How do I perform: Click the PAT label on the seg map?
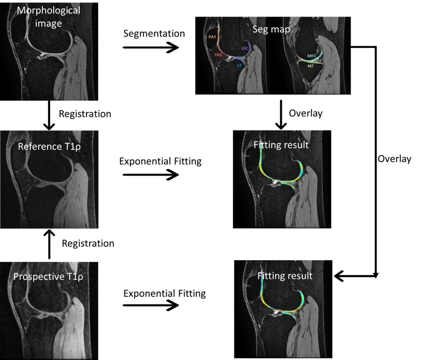click(212, 37)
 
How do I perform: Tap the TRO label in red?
click(218, 55)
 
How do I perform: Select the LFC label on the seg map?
click(244, 49)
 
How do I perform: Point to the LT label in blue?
click(239, 65)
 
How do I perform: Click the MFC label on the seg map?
click(312, 56)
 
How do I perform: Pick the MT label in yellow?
click(310, 66)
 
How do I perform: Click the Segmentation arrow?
click(151, 47)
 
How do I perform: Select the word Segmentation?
click(154, 34)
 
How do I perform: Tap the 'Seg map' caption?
click(271, 29)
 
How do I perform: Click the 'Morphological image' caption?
click(49, 17)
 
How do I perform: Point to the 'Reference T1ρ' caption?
click(49, 147)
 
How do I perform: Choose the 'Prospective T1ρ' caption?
click(48, 277)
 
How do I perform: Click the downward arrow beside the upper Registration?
click(49, 115)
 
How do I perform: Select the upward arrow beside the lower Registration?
click(49, 244)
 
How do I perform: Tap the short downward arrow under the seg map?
click(281, 115)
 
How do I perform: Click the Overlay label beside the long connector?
click(394, 159)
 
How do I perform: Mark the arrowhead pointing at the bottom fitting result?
click(339, 276)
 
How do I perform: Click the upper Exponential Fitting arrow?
click(151, 175)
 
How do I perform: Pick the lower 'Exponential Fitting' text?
click(165, 294)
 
